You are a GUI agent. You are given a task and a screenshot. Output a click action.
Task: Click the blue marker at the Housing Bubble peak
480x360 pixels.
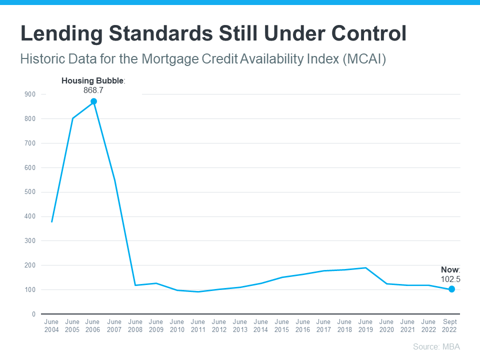(x=93, y=101)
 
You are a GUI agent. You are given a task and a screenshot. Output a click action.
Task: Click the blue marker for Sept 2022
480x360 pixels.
(x=451, y=289)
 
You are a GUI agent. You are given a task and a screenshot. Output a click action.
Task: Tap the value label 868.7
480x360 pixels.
(x=93, y=90)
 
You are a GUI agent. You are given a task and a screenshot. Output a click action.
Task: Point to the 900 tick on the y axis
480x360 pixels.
(x=30, y=94)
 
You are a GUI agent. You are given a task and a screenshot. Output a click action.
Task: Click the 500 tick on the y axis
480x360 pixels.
(x=30, y=192)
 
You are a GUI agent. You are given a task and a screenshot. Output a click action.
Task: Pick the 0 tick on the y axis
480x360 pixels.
(x=33, y=314)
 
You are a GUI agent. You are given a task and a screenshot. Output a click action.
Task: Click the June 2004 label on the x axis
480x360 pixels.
(x=51, y=326)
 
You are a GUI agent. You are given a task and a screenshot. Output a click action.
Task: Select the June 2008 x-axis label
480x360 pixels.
(x=135, y=326)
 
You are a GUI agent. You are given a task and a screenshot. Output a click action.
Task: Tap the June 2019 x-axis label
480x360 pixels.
(x=365, y=326)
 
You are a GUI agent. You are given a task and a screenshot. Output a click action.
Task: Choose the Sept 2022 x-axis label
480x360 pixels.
(x=449, y=326)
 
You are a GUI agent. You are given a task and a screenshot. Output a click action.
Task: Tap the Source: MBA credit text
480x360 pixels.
(x=436, y=346)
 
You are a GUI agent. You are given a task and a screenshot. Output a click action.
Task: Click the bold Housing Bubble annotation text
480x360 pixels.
(x=92, y=80)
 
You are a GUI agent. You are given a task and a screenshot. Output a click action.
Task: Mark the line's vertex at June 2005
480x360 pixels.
(x=72, y=118)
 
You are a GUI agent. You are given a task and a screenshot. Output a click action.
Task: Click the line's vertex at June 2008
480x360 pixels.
(x=135, y=285)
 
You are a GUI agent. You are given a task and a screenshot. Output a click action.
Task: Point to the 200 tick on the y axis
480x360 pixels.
(x=30, y=265)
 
